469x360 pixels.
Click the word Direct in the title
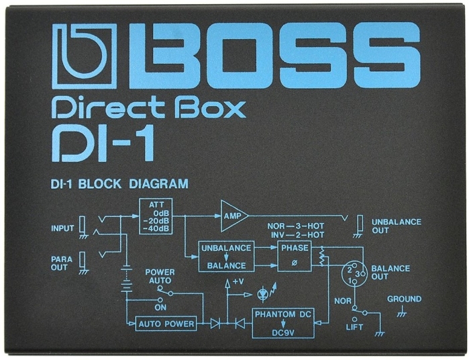click(x=109, y=109)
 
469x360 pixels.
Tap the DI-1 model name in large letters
click(x=103, y=144)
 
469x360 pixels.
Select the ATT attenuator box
click(x=156, y=216)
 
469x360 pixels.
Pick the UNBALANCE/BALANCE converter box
click(x=226, y=257)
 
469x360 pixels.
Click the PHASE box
click(x=295, y=257)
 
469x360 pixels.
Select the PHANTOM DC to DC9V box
click(x=283, y=323)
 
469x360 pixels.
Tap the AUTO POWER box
click(x=166, y=324)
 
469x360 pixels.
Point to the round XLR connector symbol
click(x=354, y=273)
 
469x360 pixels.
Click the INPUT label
click(x=62, y=228)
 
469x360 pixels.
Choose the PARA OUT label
click(x=62, y=263)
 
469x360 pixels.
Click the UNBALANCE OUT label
click(x=397, y=226)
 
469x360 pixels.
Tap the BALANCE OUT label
click(x=390, y=273)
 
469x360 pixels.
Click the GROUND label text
click(x=405, y=299)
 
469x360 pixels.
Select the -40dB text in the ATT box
click(x=156, y=229)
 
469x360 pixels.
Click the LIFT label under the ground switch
click(x=354, y=327)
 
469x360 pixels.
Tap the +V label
click(x=238, y=281)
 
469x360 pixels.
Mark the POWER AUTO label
click(x=160, y=277)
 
